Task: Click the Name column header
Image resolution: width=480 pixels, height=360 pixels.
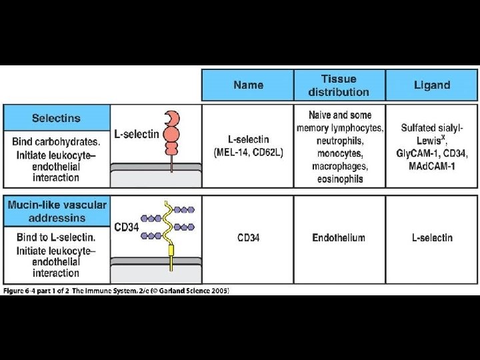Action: coord(248,85)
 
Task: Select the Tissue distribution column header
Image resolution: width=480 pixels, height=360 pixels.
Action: coord(339,85)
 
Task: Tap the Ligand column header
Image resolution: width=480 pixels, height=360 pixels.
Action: coord(431,85)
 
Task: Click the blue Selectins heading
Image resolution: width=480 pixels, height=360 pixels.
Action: coord(56,118)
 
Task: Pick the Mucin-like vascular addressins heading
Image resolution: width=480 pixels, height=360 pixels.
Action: coord(57,211)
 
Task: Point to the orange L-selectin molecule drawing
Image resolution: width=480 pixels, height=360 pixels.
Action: coord(171,133)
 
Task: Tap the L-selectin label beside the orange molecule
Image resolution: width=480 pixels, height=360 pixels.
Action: coord(137,134)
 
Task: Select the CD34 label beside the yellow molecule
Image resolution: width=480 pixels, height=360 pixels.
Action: coord(127,227)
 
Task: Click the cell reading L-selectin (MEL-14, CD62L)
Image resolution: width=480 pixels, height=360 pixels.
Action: coord(248,146)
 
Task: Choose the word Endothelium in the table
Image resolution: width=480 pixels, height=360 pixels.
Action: coord(339,237)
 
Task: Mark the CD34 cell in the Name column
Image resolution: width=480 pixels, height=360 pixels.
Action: coord(248,237)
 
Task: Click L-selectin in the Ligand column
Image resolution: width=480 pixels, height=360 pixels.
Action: coord(431,237)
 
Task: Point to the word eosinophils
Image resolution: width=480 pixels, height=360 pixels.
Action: coord(339,179)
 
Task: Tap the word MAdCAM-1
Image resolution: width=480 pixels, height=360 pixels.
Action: coord(431,165)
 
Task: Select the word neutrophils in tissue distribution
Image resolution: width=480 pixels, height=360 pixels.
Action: coord(339,141)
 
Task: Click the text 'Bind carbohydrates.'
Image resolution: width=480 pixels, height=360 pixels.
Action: coord(56,141)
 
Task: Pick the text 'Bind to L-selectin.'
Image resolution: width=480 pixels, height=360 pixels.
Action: coord(56,237)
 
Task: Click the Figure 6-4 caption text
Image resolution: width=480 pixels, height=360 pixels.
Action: coord(117,290)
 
